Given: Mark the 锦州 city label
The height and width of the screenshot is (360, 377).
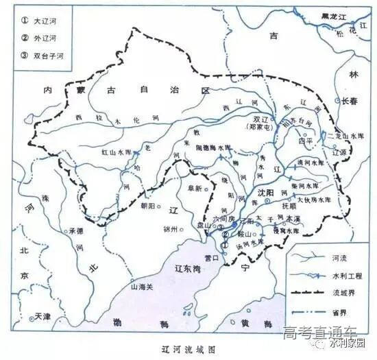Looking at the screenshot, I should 170,228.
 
